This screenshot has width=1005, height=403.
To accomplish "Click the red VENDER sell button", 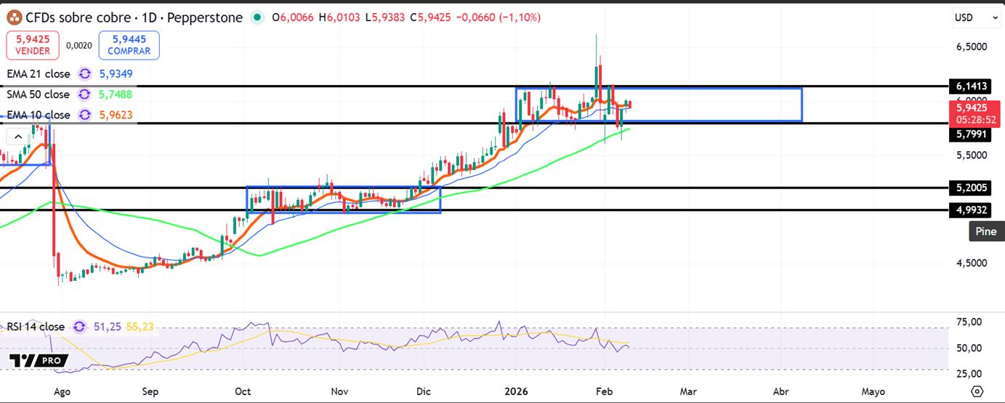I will tap(32, 45).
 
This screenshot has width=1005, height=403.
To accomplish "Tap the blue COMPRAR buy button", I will tap(129, 45).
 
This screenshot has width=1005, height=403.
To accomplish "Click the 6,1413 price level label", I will tap(971, 87).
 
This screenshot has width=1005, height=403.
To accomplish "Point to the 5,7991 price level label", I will tap(971, 135).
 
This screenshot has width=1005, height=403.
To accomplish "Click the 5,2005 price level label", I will tap(971, 188).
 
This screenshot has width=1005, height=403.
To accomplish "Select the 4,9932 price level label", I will tap(971, 210).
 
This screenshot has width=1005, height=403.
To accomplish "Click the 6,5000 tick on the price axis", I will tap(972, 47).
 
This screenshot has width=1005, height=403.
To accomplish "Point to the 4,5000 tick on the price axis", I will tap(972, 263).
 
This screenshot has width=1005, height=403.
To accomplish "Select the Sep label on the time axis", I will tap(150, 391).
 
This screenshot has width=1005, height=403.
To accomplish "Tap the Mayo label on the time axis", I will tap(873, 391).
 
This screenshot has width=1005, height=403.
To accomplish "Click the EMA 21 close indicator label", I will tap(39, 73).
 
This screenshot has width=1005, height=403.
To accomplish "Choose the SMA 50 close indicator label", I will tap(39, 94).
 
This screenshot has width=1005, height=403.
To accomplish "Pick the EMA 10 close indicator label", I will tap(39, 114).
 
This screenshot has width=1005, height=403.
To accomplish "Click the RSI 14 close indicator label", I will tap(36, 327).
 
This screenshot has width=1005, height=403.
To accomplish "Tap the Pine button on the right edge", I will tap(986, 231).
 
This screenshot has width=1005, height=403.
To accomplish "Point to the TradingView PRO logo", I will tap(39, 361).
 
